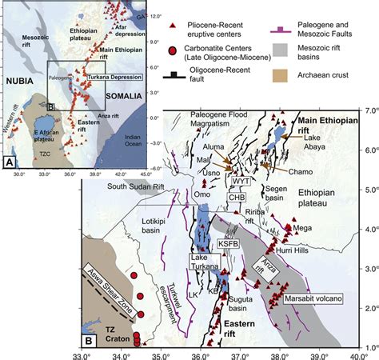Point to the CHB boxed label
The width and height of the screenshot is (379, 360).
tap(235, 196)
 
